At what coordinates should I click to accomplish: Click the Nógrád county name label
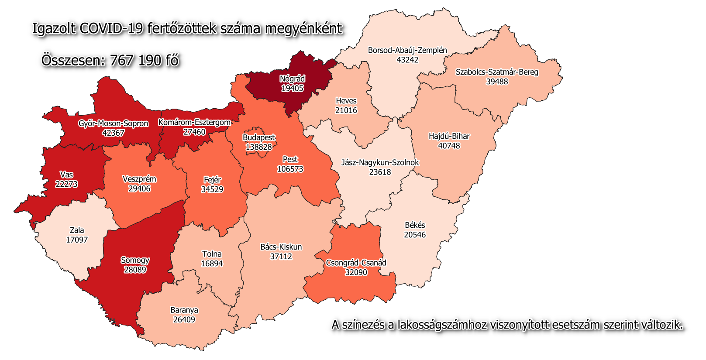pos(292,79)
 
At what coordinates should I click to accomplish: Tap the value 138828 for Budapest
pos(258,147)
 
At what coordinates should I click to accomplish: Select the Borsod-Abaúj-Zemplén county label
pos(407,50)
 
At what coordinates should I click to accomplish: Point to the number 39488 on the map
pos(497,82)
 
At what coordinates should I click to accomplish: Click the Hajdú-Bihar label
pos(449,136)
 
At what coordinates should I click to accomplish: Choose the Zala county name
pos(77,230)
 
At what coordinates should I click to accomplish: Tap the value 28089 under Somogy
pos(135,270)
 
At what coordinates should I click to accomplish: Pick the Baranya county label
pos(184,310)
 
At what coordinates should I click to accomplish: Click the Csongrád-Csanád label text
pos(356,263)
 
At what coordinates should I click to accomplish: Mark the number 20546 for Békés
pos(414,235)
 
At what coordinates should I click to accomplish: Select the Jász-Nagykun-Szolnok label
pos(380,162)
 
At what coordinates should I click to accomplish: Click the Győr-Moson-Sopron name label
pos(113,123)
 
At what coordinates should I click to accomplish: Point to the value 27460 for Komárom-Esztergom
pos(194,132)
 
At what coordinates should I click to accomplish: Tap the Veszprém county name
pos(139,179)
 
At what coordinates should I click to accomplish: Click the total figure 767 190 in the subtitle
pos(136,60)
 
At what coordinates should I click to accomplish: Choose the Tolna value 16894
pos(212,264)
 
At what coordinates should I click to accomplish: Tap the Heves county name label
pos(346,101)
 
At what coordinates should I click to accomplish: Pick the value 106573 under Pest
pos(290,169)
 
